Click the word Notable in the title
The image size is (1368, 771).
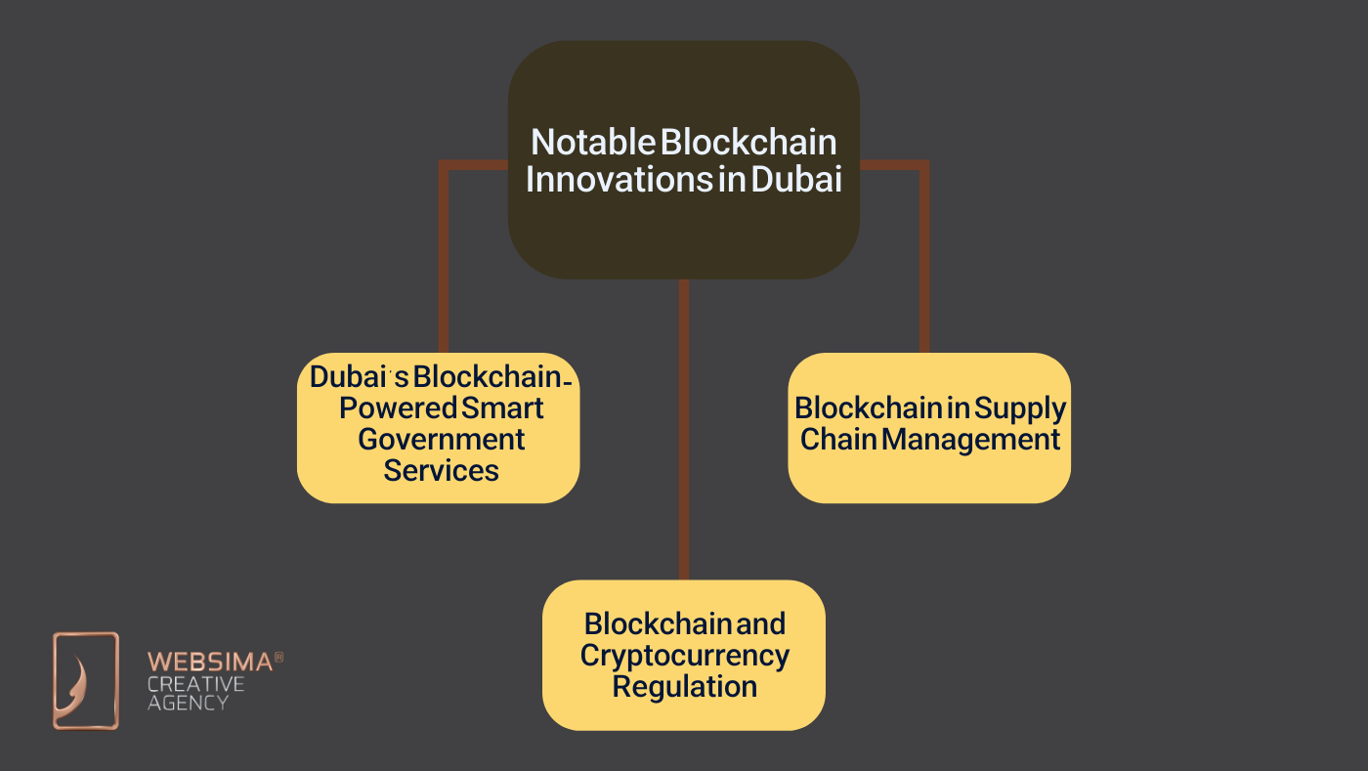(x=592, y=143)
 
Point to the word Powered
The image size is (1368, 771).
(x=398, y=407)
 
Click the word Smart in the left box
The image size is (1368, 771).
(x=502, y=407)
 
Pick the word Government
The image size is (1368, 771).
(x=441, y=439)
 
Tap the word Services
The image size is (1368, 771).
(x=441, y=470)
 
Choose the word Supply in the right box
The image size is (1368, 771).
(x=1020, y=408)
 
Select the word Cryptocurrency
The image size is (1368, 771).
(x=684, y=655)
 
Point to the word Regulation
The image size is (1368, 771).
(x=684, y=686)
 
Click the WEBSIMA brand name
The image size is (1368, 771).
(x=210, y=663)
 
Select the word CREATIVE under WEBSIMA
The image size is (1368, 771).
(x=195, y=683)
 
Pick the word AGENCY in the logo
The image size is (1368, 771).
(x=188, y=702)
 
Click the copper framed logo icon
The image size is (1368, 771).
(x=86, y=680)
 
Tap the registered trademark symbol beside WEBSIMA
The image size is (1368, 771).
(x=278, y=658)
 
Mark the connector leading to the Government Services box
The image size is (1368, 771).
(x=444, y=254)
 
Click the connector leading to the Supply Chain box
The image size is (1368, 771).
(x=923, y=254)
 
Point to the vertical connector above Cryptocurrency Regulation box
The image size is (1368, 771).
(x=684, y=430)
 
